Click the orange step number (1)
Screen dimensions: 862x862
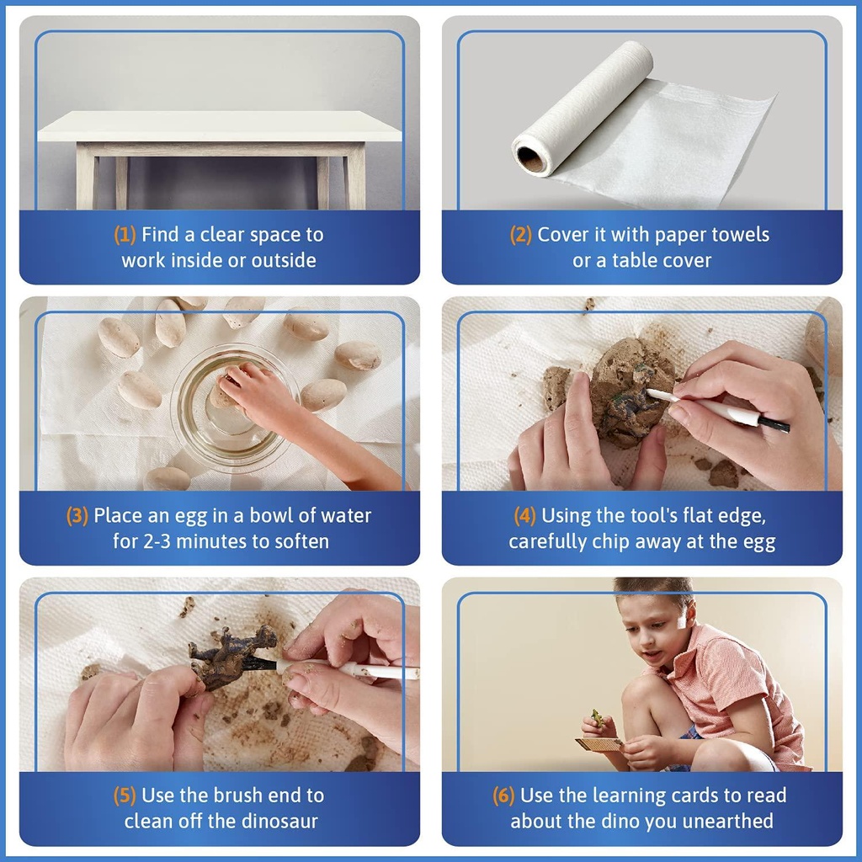[x=125, y=236]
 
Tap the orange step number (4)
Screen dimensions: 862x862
[x=524, y=516]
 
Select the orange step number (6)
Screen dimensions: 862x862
[x=503, y=795]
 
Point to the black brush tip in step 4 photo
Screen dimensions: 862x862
[x=774, y=424]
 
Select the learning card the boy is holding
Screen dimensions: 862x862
[x=599, y=744]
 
